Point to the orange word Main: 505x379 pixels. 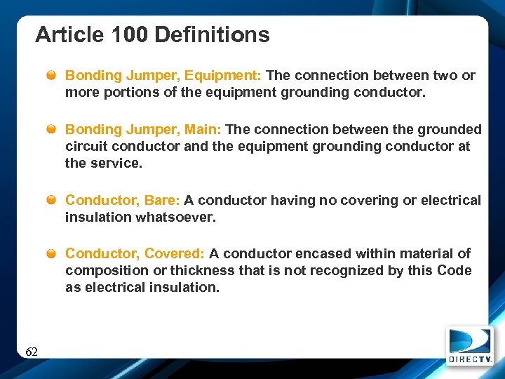(x=203, y=129)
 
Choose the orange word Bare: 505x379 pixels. (x=162, y=200)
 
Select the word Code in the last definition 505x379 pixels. (x=454, y=271)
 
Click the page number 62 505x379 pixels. (x=32, y=352)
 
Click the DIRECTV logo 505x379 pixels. (x=469, y=346)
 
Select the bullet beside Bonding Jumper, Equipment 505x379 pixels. (x=53, y=76)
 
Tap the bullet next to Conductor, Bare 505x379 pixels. (x=53, y=201)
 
